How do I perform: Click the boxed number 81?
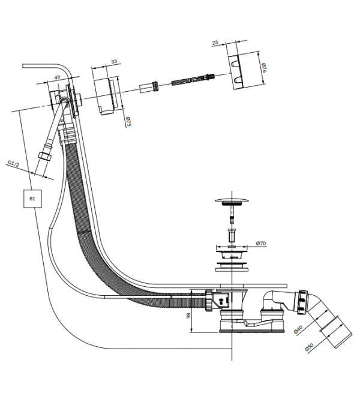point(32,199)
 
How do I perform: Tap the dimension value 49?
point(57,77)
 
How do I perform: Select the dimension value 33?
point(114,61)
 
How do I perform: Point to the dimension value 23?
point(215,42)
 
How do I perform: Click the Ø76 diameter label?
point(264,67)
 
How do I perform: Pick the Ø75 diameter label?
point(128,121)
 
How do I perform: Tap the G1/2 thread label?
point(13,164)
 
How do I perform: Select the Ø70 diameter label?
point(261,243)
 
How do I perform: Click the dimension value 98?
point(188,316)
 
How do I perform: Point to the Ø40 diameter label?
point(298,329)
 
